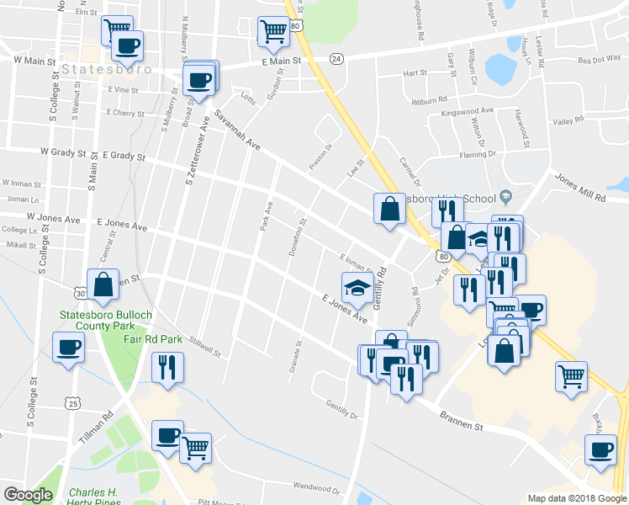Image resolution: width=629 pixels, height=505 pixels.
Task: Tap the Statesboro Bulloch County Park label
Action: [98, 322]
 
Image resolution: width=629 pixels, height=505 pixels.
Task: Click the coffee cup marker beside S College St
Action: [68, 346]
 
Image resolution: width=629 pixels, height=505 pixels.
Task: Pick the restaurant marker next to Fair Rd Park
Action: [166, 367]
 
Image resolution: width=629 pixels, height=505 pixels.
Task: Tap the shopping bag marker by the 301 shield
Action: [103, 284]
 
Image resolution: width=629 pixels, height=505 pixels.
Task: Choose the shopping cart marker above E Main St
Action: [272, 32]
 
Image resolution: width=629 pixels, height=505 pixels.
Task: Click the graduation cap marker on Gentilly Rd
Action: [357, 287]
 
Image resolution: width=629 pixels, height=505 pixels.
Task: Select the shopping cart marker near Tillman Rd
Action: [195, 447]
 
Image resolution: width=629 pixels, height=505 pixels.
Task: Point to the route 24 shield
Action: [337, 58]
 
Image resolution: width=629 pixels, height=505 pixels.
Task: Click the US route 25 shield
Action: [74, 405]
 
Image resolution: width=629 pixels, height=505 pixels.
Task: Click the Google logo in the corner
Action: [28, 495]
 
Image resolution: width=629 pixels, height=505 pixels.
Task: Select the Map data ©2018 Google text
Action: [576, 498]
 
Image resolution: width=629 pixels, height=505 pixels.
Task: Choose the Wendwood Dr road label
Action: [315, 487]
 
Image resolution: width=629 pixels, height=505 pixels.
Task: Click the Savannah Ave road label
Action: [237, 131]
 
